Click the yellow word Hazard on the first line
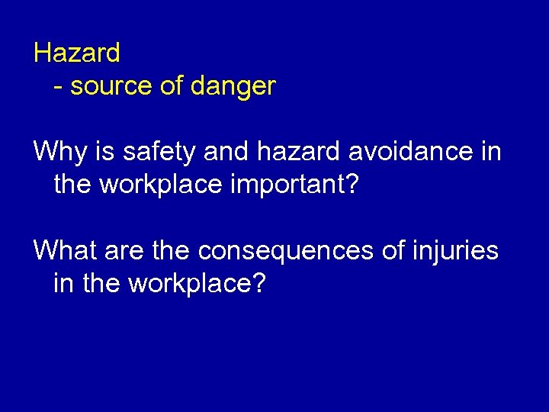coord(77,53)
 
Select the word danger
coord(233,87)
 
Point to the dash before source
coord(59,87)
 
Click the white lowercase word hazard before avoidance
coord(298,152)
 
